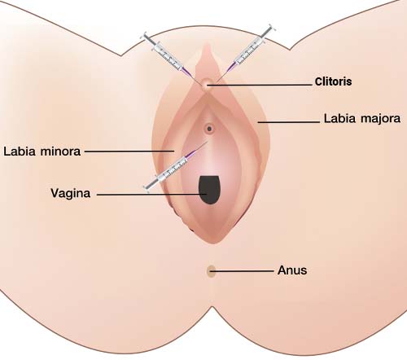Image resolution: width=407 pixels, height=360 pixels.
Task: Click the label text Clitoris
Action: coord(333,81)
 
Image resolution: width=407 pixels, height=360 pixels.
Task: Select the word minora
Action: coord(60,151)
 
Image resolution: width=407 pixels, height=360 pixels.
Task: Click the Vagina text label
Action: coord(71,194)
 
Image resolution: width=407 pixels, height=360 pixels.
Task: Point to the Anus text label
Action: coord(292,270)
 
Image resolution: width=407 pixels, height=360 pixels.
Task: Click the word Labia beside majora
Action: coord(339,118)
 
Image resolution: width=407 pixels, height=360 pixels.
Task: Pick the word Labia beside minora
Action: coord(20,151)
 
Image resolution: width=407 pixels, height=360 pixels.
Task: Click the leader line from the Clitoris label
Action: coord(260,85)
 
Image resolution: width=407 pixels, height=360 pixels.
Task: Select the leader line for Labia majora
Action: coord(289,122)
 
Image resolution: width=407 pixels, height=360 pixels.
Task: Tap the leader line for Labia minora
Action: coord(129,151)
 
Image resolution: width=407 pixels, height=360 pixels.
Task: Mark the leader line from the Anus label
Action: coord(242,270)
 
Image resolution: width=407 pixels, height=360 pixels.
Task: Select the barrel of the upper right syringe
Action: coord(249,52)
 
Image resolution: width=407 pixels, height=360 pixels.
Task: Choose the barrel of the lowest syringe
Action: coord(173,170)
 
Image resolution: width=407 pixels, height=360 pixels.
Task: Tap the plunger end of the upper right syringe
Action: coord(271,28)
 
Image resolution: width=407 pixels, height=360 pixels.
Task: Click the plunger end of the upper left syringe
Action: coord(144,36)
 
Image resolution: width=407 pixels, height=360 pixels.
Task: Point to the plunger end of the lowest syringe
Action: coord(147,188)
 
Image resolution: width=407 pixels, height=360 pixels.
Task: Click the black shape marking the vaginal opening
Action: coord(209,190)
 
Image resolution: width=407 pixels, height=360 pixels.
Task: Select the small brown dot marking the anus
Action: coord(211,271)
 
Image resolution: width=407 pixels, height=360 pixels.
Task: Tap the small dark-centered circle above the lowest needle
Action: coord(209,129)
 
